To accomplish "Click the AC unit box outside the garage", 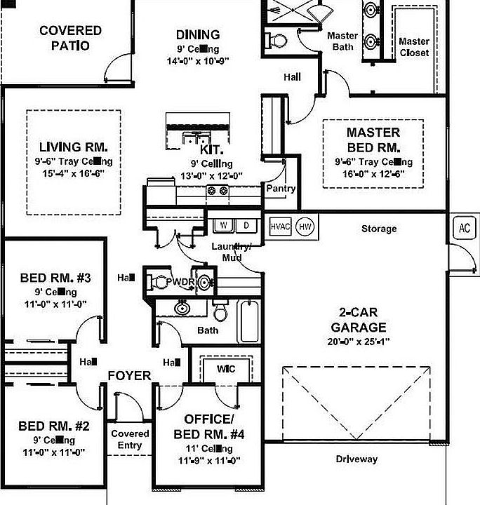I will [x=464, y=227].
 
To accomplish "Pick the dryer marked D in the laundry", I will [x=246, y=225].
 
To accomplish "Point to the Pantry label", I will [x=280, y=189].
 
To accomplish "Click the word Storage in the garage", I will [x=379, y=229].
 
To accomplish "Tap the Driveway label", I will [x=356, y=459].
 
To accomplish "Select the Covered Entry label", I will [x=130, y=440].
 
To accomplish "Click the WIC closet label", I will [x=226, y=369].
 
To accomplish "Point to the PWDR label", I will [x=179, y=282].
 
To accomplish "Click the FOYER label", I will [x=129, y=376].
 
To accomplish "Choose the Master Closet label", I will [x=414, y=46].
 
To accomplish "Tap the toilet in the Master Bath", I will [x=277, y=39].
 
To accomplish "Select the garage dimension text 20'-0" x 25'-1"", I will [x=359, y=342].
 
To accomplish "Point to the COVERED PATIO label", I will [x=70, y=38].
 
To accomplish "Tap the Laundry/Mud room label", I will [x=232, y=251].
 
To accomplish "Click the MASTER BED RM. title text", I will [x=373, y=140].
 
